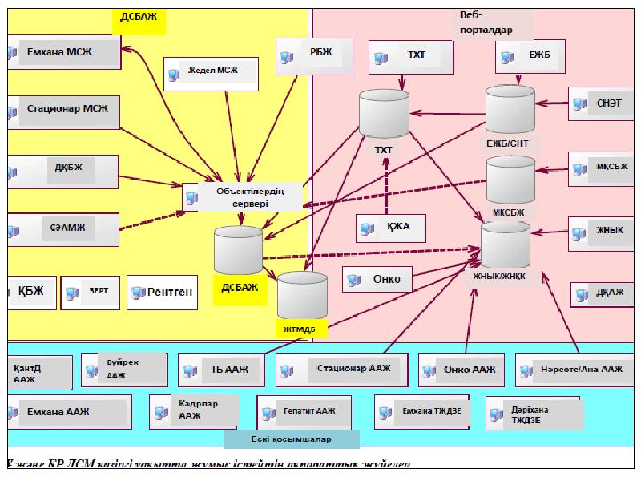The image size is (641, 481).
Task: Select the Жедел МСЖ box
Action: [x=212, y=73]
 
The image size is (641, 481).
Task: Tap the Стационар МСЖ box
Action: [x=62, y=107]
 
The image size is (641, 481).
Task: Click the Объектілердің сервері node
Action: [x=244, y=197]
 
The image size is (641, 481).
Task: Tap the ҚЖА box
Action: [x=391, y=228]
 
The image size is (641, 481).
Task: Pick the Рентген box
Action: [x=163, y=293]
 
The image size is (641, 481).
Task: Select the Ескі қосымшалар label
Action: [x=291, y=440]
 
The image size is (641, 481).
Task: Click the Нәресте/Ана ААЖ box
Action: [x=570, y=370]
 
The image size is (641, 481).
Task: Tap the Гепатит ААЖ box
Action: [x=296, y=411]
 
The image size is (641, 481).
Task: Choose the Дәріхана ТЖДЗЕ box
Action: [x=533, y=412]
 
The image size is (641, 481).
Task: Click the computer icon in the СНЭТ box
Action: [x=580, y=103]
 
